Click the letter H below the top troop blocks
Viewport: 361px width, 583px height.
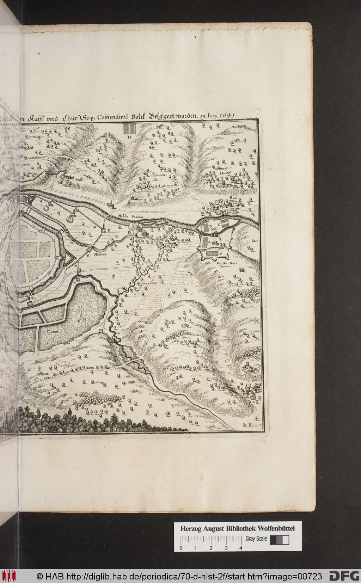[x=129, y=136]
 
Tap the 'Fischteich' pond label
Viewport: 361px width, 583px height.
[x=47, y=331]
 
